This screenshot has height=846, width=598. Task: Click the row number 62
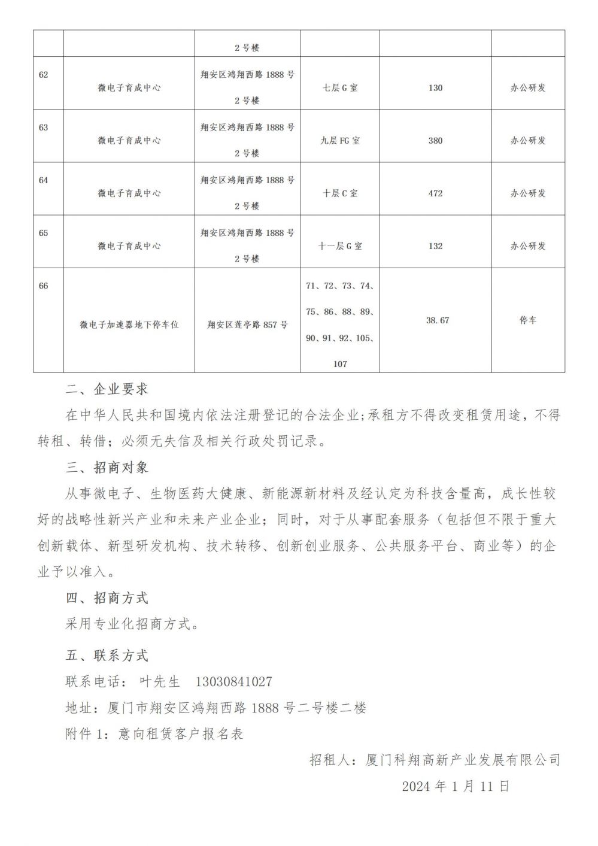43,75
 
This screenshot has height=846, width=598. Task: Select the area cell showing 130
435,88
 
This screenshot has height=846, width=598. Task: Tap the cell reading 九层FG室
340,141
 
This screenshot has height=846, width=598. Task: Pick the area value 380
435,141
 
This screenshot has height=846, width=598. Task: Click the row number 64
43,180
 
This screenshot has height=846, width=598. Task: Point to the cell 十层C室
340,193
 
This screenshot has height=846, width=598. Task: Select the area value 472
435,193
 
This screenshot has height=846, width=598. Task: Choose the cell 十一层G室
340,246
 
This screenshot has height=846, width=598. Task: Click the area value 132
435,246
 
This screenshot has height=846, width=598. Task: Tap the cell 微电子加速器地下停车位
129,325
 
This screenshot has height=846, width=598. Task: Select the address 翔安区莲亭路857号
247,325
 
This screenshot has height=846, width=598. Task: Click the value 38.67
437,320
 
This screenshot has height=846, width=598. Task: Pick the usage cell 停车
528,320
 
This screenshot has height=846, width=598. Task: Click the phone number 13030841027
233,682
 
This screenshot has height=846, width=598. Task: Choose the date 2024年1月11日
456,786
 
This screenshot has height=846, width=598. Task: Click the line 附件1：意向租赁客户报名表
154,734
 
